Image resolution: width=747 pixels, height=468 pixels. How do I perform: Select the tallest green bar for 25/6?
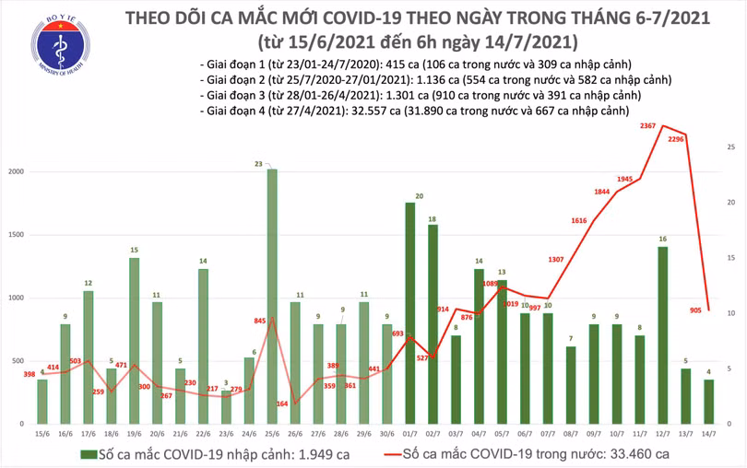coord(272,295)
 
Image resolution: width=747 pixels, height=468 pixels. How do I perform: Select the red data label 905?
coord(698,311)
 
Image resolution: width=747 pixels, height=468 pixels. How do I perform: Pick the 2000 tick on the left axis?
coord(16,172)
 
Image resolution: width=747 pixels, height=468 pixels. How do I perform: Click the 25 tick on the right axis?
coord(730,147)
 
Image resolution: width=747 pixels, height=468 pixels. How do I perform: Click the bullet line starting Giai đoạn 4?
coord(413,111)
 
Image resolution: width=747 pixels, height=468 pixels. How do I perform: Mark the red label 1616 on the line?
coord(578,221)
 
